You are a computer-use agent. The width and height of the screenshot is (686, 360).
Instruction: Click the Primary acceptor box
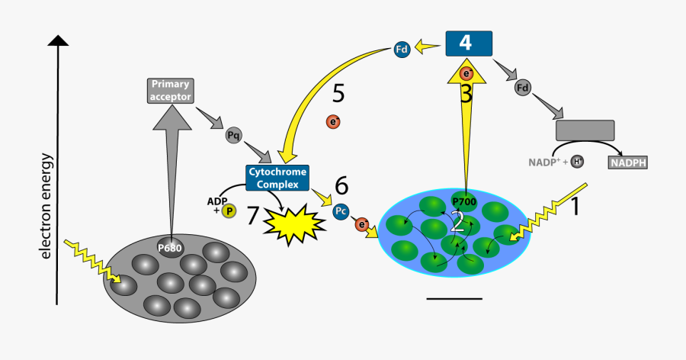click(170, 90)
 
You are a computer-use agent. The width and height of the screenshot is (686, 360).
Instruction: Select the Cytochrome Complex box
click(277, 177)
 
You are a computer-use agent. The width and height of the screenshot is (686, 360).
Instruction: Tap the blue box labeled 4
click(469, 43)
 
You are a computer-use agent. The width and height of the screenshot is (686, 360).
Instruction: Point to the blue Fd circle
click(402, 50)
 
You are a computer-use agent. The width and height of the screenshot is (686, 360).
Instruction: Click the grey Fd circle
click(523, 88)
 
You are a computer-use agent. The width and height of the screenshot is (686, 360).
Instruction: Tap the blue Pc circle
click(342, 211)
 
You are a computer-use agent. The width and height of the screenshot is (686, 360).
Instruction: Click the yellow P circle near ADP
click(229, 211)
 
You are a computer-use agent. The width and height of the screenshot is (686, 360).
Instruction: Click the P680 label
click(170, 248)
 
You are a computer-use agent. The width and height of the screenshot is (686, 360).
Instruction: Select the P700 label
click(463, 201)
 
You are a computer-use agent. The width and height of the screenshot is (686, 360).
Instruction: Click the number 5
click(338, 95)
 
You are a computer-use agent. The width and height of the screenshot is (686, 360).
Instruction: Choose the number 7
click(254, 216)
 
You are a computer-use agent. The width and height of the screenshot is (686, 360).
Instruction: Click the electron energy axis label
click(46, 206)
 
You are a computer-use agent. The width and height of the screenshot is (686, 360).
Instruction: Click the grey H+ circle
click(577, 161)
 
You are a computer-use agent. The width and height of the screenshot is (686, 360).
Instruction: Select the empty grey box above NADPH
click(585, 130)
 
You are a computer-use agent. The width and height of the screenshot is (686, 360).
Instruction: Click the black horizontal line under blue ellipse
click(454, 298)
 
